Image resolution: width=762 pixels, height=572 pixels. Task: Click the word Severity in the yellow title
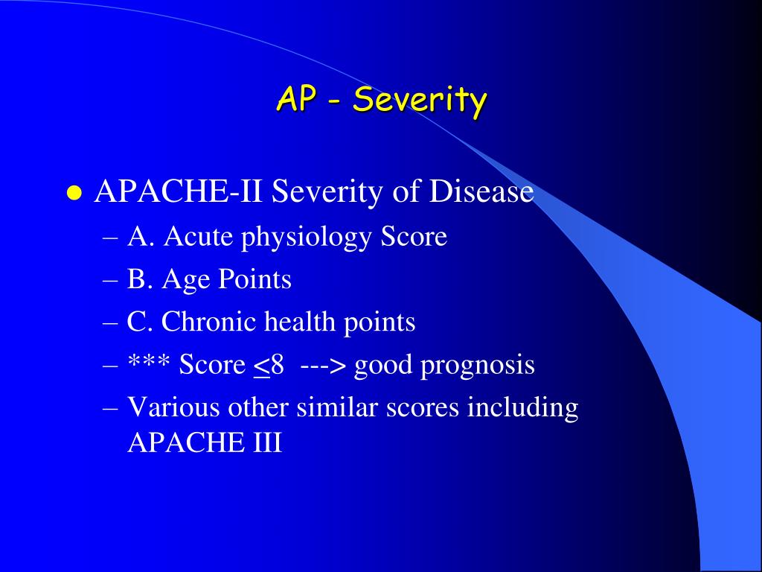coord(420,99)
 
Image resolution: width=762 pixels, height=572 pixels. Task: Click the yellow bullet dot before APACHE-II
coord(73,194)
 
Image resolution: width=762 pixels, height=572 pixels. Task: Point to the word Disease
coord(481,192)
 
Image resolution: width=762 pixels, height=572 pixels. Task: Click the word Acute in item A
coord(193,236)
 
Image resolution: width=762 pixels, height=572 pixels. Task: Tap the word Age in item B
coord(188,280)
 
